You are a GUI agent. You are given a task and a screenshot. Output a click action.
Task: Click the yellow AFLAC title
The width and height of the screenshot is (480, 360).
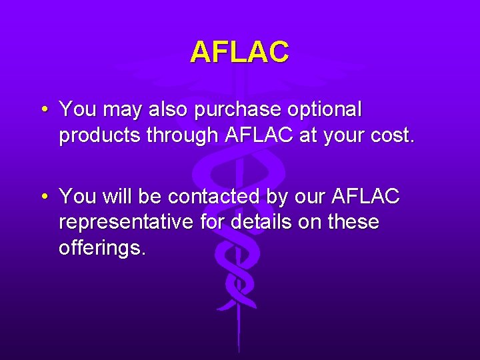(x=239, y=51)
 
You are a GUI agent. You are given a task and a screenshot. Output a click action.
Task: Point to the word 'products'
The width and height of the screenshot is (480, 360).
(x=99, y=135)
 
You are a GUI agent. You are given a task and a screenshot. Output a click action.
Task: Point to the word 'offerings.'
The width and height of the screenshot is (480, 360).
(x=101, y=248)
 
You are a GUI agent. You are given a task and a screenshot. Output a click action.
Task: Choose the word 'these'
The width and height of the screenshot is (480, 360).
(x=351, y=222)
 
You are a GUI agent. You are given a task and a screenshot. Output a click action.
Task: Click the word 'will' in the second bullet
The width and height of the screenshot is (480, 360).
(x=119, y=197)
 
